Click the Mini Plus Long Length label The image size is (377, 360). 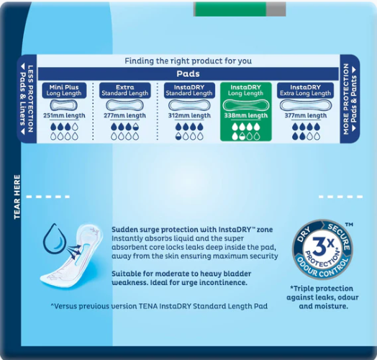coord(64,90)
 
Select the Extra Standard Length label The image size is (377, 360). coord(125,90)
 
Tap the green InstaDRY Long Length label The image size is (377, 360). coord(246,90)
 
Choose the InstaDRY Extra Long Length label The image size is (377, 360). coord(305,90)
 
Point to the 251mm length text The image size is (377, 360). coord(64,115)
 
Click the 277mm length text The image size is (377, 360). coord(124,115)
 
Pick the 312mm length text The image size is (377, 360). coord(189,115)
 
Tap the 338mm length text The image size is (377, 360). coord(246,115)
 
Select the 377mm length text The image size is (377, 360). coord(306,115)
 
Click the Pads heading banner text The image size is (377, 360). coord(188,73)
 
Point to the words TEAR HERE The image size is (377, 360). coord(17,197)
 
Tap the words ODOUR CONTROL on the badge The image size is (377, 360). coord(322,267)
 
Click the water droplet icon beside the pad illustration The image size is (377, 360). coord(55,239)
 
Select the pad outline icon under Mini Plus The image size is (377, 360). coord(64,106)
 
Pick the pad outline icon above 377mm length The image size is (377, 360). coord(305,106)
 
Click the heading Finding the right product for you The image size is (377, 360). coord(188,61)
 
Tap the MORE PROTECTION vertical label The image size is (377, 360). coord(346,99)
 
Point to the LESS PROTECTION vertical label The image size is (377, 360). coord(30,99)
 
